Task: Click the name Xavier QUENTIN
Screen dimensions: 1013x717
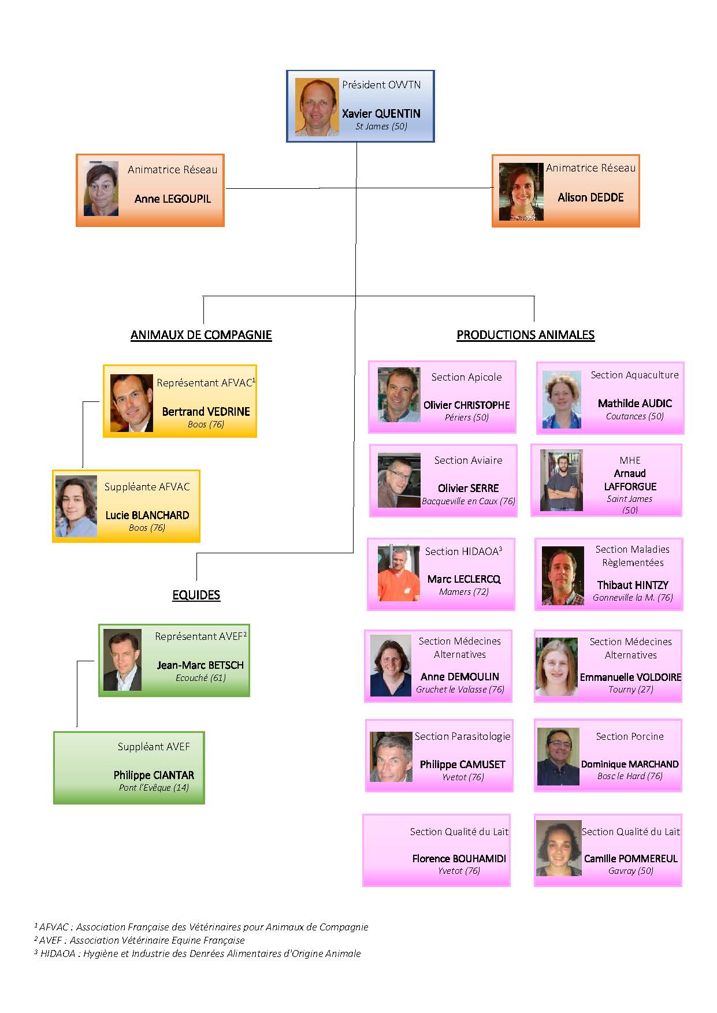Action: point(381,114)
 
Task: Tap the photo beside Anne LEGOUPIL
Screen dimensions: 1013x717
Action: point(101,189)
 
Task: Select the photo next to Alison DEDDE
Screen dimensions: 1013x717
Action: point(521,192)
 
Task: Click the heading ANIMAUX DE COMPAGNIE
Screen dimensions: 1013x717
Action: point(201,335)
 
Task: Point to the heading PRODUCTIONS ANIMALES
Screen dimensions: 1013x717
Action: point(525,335)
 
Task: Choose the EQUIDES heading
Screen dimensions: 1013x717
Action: point(196,595)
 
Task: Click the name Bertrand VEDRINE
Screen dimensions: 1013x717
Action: point(206,412)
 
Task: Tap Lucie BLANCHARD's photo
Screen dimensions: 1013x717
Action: point(76,507)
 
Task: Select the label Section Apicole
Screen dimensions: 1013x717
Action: point(466,377)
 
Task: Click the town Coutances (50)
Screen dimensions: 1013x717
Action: point(634,416)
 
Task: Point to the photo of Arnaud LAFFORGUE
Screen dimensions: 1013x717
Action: point(561,481)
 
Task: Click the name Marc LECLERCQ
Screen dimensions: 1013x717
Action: point(464,579)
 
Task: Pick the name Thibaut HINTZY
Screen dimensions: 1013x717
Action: point(633,585)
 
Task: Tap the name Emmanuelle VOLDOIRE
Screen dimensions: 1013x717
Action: point(630,677)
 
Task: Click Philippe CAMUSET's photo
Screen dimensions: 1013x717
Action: point(391,757)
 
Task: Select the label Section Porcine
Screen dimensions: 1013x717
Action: point(630,736)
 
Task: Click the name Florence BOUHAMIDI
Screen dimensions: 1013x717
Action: point(459,859)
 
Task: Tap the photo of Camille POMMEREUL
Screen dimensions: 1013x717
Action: point(558,848)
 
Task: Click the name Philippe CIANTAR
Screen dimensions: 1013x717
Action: point(154,775)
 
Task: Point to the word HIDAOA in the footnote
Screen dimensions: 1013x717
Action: point(58,954)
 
